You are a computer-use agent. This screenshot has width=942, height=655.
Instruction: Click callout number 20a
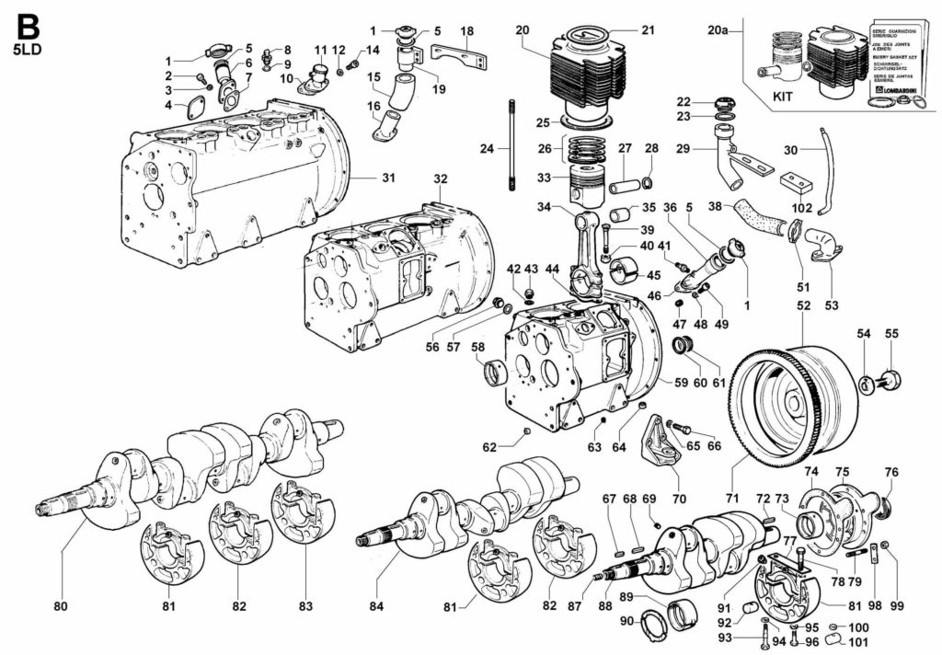(720, 30)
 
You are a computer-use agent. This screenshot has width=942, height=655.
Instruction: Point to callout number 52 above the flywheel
(803, 305)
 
